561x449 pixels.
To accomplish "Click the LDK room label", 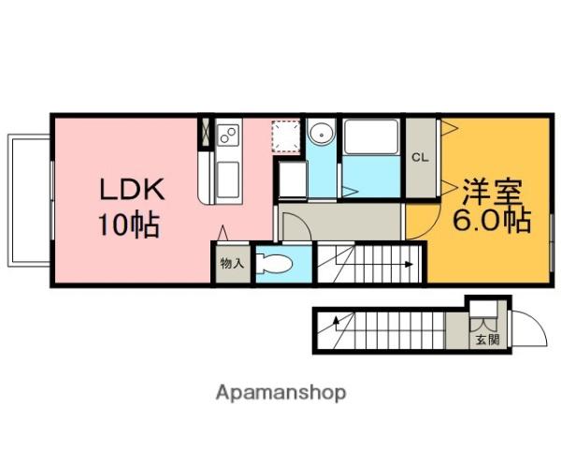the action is coord(132,189).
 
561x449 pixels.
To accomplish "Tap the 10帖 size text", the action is coord(129,224).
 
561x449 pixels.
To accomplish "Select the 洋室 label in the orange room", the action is coord(493,192).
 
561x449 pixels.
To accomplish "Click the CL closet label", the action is coord(420,157).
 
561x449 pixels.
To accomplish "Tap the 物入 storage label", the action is coord(232,264).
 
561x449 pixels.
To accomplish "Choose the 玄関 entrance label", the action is coord(487,339).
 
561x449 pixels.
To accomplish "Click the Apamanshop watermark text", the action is coord(280,393).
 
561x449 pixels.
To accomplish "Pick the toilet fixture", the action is coord(274,264).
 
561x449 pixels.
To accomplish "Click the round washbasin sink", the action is coord(322,135).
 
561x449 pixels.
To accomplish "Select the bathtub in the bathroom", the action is coord(371,138).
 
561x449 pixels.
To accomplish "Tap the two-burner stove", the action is coord(228,136).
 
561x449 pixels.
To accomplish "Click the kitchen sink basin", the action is coord(228,180).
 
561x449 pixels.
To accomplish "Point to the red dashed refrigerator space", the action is coord(286,137).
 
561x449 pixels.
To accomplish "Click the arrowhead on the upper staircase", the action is coord(410,265).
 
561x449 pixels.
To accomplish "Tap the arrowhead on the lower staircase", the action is coord(337,319).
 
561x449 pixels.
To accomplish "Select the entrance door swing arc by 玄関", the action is coord(536,321).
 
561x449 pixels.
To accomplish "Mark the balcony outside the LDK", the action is coord(29,200).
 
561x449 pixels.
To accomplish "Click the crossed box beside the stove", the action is coord(206,132).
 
